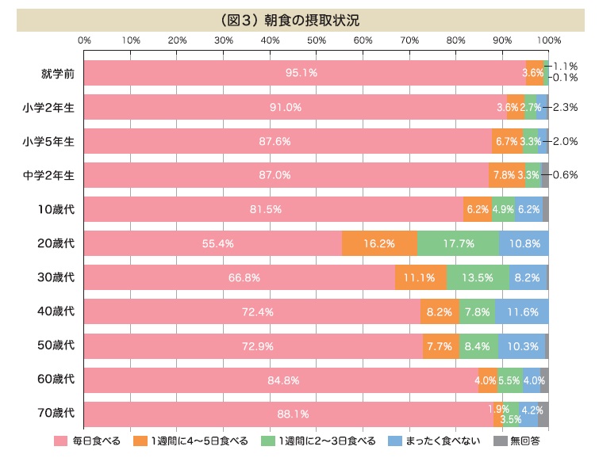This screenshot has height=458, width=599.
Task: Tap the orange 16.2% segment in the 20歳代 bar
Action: (x=379, y=243)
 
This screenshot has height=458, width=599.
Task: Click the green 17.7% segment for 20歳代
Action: (x=458, y=243)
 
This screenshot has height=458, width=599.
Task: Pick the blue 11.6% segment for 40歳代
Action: (x=521, y=311)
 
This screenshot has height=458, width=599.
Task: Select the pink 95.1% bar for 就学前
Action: (x=304, y=73)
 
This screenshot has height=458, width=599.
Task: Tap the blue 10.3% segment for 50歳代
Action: (x=521, y=346)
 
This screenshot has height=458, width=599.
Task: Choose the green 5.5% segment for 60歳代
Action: (x=509, y=380)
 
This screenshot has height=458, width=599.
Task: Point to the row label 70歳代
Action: (x=57, y=414)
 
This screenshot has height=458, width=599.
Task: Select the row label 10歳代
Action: (x=57, y=209)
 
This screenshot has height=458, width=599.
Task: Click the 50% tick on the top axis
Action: (x=317, y=40)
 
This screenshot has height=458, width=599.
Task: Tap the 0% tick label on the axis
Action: (x=85, y=40)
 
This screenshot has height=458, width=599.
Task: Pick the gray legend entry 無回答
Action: (x=518, y=441)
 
